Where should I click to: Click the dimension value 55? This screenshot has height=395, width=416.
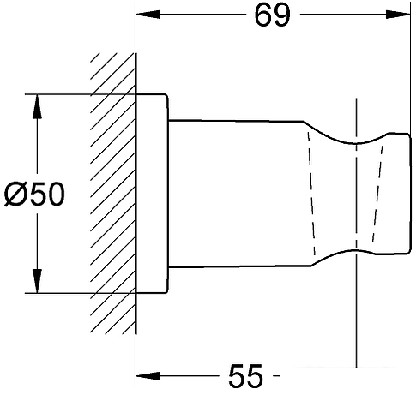(x=245, y=375)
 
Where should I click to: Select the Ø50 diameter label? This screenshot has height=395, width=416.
(x=34, y=194)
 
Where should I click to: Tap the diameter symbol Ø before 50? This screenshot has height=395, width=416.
(x=15, y=194)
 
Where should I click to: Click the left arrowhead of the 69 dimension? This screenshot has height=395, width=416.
(x=148, y=15)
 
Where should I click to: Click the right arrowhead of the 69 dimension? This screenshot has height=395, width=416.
(x=398, y=15)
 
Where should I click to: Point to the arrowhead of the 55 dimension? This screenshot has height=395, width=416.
(x=148, y=376)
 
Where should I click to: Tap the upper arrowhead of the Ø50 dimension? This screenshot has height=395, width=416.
(x=37, y=106)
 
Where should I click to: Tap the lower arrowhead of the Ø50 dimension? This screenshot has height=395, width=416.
(x=37, y=281)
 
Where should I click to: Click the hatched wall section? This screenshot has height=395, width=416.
(x=113, y=194)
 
